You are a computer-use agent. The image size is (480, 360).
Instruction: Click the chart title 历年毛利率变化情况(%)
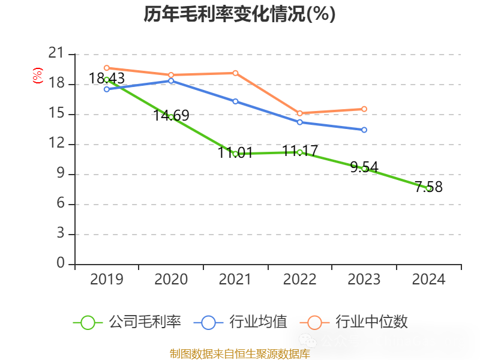[x=239, y=14]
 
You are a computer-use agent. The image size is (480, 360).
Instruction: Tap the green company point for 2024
[x=428, y=188]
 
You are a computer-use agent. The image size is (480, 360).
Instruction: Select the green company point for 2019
[x=107, y=79]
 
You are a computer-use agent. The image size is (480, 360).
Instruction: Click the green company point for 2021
[x=235, y=154]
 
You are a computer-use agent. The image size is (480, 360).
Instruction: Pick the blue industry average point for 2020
[x=171, y=80]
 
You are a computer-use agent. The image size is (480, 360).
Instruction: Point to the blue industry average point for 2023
[x=364, y=130]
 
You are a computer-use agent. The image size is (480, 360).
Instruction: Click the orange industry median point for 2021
[x=235, y=73]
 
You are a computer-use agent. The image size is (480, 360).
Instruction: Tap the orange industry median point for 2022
[x=299, y=113]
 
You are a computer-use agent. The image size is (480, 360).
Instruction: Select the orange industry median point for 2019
[x=107, y=68]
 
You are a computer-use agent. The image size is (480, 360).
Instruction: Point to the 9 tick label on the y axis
[x=61, y=174]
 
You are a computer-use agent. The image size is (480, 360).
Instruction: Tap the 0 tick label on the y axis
[x=61, y=263]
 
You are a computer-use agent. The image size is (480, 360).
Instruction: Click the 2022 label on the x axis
[x=299, y=279]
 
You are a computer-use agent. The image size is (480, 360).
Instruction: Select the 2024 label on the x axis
[x=428, y=279]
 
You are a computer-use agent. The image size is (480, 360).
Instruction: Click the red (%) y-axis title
[x=38, y=76]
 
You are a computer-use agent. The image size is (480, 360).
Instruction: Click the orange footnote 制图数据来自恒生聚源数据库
[x=239, y=354]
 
